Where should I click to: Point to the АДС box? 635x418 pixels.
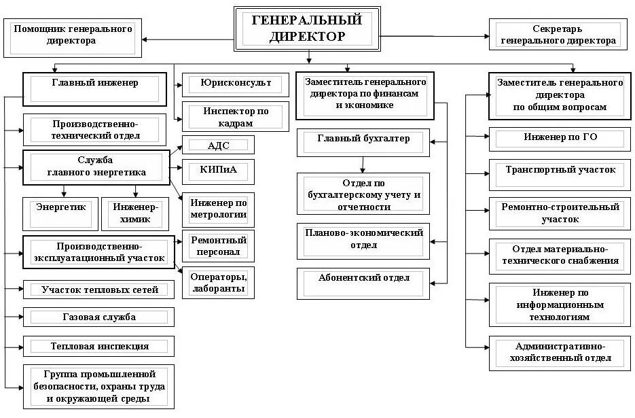[x=217, y=145]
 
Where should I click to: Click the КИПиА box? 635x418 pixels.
[x=218, y=170]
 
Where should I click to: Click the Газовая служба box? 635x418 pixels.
[x=98, y=317]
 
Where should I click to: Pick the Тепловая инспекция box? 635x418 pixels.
[x=98, y=346]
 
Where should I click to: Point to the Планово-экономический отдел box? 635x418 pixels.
[x=363, y=240]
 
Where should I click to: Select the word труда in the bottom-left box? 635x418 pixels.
[x=145, y=387]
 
